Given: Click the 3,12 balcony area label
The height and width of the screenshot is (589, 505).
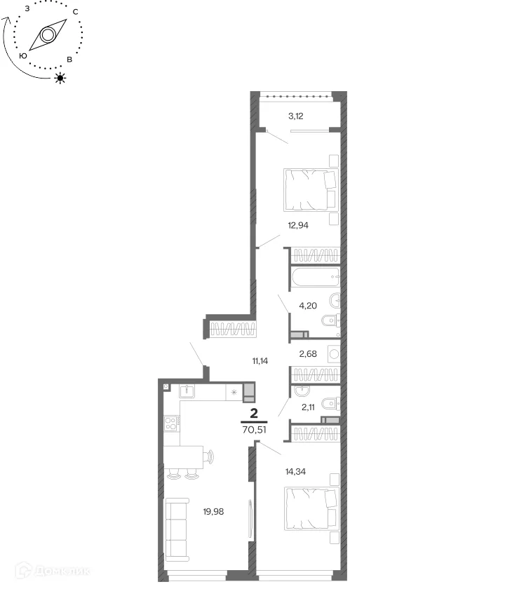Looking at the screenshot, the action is (x=296, y=116).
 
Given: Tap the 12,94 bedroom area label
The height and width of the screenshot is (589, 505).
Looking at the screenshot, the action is (x=298, y=225).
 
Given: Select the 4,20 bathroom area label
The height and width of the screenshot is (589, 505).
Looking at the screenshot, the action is (x=308, y=306).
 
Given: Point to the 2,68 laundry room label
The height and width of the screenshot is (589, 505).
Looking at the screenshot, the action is (x=308, y=354).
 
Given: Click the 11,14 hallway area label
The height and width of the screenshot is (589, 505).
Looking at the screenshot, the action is (x=260, y=361).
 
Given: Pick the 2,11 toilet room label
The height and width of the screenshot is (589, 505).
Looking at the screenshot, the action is (x=308, y=407).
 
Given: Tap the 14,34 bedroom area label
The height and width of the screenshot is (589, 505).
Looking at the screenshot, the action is (x=295, y=472).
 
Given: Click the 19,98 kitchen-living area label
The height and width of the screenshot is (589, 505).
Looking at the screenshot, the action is (x=213, y=512).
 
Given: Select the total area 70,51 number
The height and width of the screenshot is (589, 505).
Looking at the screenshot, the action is (x=255, y=430).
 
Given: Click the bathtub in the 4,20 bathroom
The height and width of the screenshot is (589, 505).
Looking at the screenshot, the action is (x=316, y=277).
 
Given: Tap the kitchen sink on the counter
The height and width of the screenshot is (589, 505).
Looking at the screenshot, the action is (x=187, y=391).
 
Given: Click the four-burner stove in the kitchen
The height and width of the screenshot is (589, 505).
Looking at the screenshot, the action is (x=170, y=424).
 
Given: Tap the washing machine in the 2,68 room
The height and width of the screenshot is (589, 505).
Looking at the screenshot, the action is (x=334, y=354).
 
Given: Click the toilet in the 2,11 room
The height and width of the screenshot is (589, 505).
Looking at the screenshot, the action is (x=330, y=404).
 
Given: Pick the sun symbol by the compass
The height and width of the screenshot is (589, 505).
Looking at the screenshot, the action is (x=60, y=78).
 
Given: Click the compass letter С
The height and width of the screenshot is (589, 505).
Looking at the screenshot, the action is (x=75, y=12).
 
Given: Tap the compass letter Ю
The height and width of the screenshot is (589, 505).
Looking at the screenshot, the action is (x=23, y=55).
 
